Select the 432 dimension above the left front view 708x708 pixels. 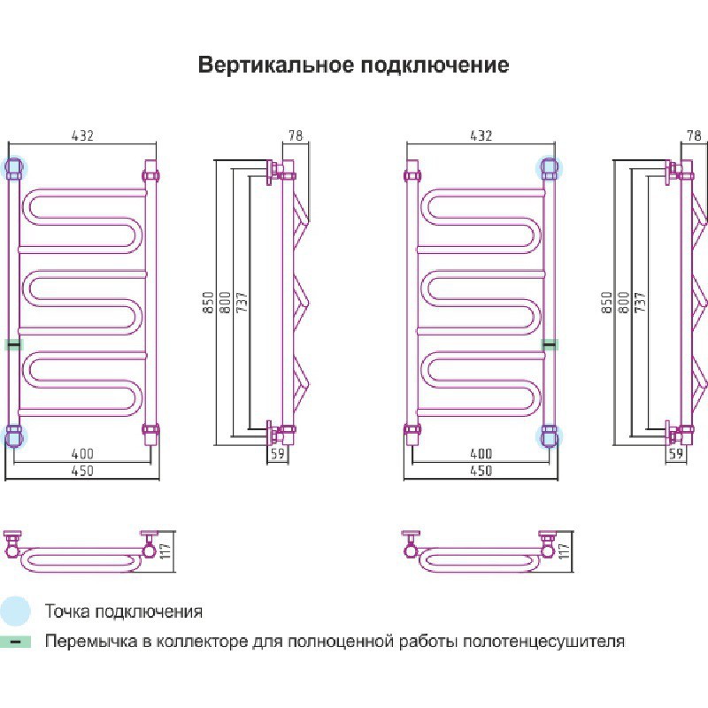(x=81, y=135)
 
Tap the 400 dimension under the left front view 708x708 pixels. (x=81, y=454)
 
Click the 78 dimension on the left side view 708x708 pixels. (x=296, y=135)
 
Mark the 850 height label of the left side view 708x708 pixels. (x=210, y=302)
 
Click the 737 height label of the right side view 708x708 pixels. (x=639, y=302)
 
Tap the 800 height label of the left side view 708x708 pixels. (x=225, y=302)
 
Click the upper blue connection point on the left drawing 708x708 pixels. (x=15, y=167)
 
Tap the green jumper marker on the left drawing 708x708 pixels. (x=13, y=344)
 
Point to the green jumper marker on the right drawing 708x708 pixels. (x=550, y=344)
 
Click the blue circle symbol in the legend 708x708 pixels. (x=15, y=611)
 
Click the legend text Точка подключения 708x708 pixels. (x=124, y=612)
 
